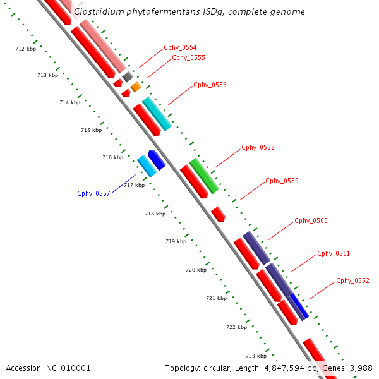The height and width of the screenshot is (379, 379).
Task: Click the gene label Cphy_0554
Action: tap(180, 48)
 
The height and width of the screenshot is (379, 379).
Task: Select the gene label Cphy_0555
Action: tap(188, 58)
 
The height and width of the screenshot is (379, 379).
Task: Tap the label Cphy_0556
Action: tap(210, 85)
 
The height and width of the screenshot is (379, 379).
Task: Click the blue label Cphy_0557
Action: tap(94, 193)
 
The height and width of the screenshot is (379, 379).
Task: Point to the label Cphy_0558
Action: tap(258, 148)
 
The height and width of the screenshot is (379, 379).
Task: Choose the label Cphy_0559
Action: tap(282, 181)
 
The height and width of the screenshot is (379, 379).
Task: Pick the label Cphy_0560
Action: tap(311, 221)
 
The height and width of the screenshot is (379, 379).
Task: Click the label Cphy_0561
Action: tap(334, 254)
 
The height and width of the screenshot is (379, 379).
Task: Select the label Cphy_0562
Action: tap(352, 280)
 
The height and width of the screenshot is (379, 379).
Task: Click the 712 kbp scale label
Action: tap(25, 49)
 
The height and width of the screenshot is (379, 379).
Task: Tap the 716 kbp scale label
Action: tap(112, 157)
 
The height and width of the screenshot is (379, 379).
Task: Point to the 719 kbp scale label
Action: tap(176, 241)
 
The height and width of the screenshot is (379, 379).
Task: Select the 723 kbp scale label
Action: tap(256, 356)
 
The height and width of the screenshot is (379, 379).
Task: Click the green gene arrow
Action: tap(203, 176)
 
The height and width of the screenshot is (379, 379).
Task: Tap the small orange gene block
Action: tap(136, 87)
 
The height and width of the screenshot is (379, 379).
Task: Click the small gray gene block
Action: tap(127, 76)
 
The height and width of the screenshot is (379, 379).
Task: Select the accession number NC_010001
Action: tap(68, 368)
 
